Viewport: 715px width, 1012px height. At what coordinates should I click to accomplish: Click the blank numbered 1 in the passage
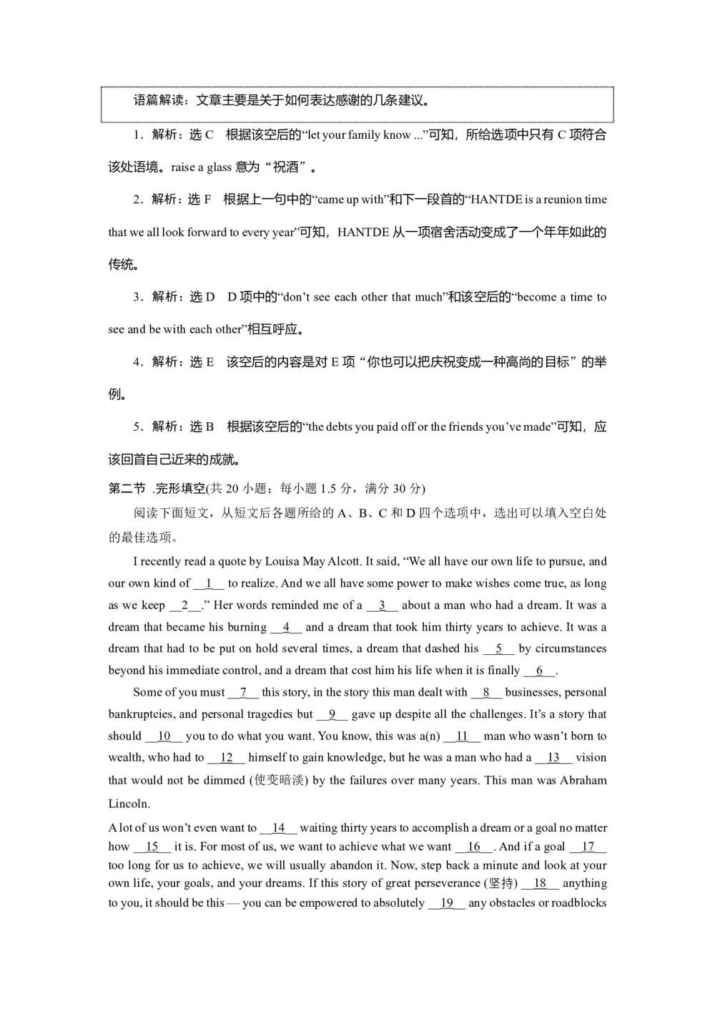click(x=209, y=583)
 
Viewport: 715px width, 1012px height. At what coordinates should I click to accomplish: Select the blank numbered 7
click(x=244, y=692)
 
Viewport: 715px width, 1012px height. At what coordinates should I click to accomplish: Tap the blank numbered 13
click(x=553, y=757)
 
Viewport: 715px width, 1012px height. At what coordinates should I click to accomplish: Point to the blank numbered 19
click(x=447, y=902)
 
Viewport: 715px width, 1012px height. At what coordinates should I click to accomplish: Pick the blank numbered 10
click(x=164, y=736)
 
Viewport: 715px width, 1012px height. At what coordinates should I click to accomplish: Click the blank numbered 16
click(x=474, y=847)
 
